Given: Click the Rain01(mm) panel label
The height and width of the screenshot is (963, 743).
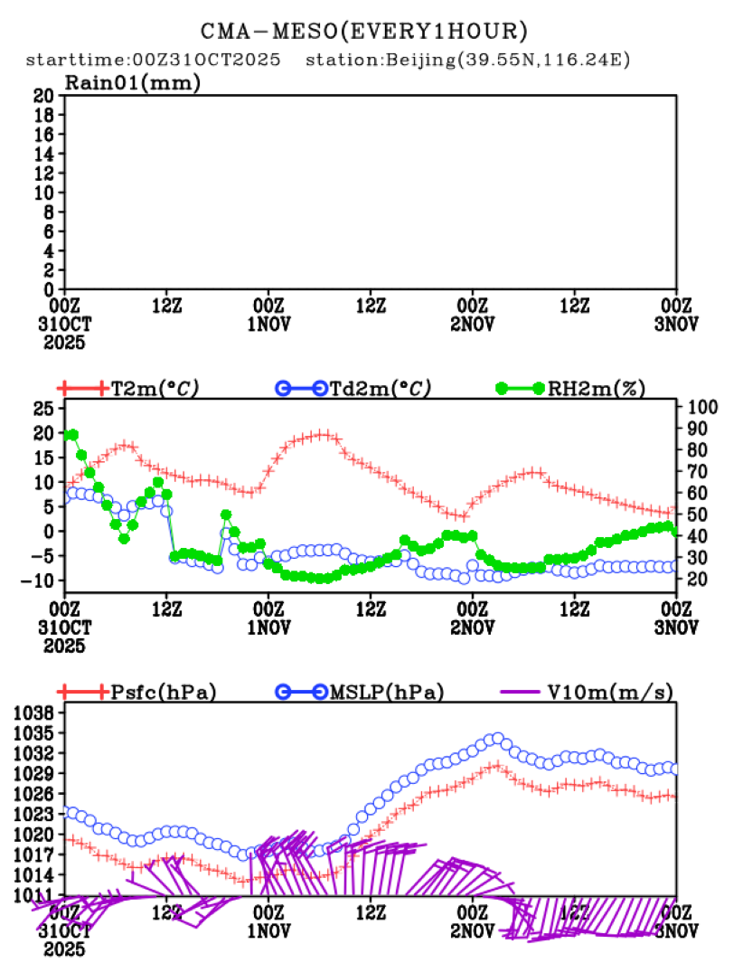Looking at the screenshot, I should tap(132, 83).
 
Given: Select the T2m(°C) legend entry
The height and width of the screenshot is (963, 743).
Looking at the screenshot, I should tap(155, 389).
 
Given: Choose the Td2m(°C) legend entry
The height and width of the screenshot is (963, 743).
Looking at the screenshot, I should tap(379, 389).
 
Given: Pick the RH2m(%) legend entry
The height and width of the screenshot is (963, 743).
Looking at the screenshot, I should tap(597, 389).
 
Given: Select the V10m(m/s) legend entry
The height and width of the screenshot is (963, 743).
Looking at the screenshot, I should tap(610, 693).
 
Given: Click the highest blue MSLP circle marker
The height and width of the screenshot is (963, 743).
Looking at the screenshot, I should tap(496, 739).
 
